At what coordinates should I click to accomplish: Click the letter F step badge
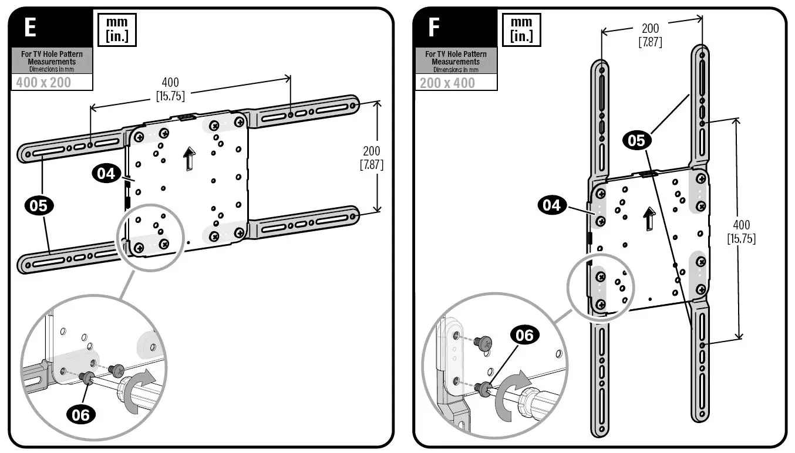434,28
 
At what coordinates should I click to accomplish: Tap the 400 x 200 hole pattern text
43,82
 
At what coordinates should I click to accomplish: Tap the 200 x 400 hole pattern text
447,82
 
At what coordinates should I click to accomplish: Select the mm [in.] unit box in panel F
521,29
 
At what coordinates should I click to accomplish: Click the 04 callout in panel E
106,174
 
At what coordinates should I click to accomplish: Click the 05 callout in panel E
39,206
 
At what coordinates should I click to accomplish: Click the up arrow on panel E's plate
188,158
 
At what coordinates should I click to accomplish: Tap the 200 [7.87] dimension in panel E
371,158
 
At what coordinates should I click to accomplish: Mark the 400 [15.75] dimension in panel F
741,231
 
